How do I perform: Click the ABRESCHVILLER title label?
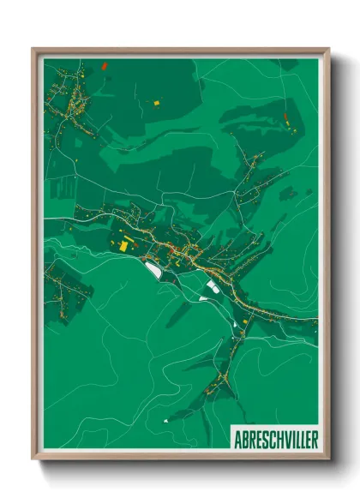274,439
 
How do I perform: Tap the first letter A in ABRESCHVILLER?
237,439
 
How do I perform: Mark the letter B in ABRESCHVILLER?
243,439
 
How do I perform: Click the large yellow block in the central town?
125,244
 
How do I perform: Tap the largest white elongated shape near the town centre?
153,270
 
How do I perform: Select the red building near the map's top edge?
104,65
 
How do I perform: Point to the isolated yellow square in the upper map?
156,103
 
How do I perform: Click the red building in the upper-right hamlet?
285,114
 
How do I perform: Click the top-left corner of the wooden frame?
33,50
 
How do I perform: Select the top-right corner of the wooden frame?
328,50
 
